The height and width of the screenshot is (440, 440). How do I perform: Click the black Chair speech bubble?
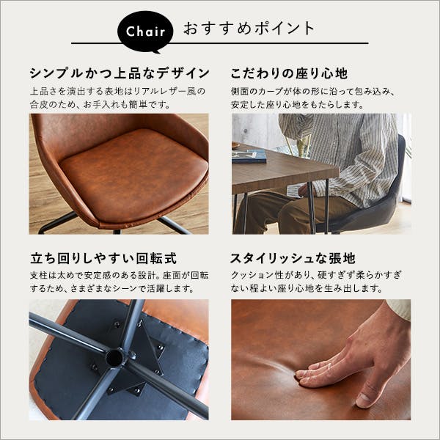tap(145, 32)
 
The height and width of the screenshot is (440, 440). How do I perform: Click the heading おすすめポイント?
tap(249, 29)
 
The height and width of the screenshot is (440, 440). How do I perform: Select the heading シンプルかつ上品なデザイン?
tap(120, 73)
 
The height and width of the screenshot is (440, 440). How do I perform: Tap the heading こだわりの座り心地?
tap(289, 73)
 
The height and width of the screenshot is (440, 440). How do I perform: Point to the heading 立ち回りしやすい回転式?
tap(103, 258)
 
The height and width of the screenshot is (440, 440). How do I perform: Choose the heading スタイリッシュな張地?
tap(293, 258)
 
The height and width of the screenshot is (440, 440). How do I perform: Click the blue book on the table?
tap(249, 156)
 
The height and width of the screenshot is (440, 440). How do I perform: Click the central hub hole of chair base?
tap(114, 358)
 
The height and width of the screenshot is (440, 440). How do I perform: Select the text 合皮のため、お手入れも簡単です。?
tap(100, 105)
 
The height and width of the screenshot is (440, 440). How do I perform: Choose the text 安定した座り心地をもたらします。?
tap(298, 105)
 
